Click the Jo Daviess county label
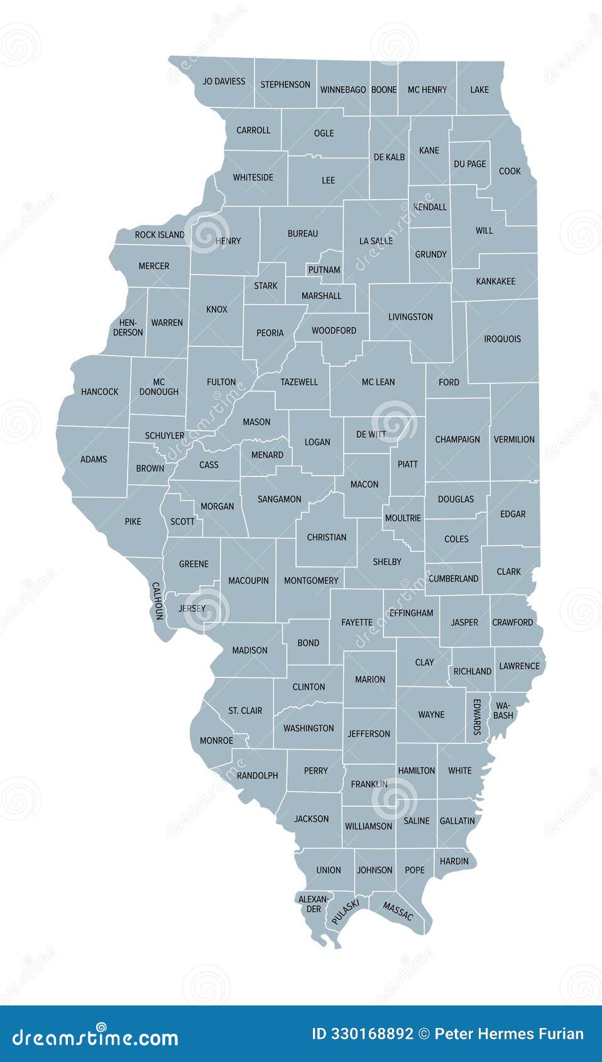click(224, 82)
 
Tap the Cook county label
click(510, 171)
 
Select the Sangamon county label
click(280, 500)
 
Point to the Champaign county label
click(457, 440)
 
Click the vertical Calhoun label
click(157, 601)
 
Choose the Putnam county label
click(324, 270)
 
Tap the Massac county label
click(398, 912)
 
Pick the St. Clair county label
click(245, 711)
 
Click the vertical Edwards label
click(477, 716)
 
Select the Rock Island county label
click(160, 235)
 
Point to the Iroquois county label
click(502, 339)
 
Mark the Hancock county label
click(100, 392)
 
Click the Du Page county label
click(470, 164)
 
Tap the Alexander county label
click(314, 904)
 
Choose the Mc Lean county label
click(378, 382)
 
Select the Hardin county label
click(454, 861)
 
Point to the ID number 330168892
click(363, 1034)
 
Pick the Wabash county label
click(503, 711)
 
